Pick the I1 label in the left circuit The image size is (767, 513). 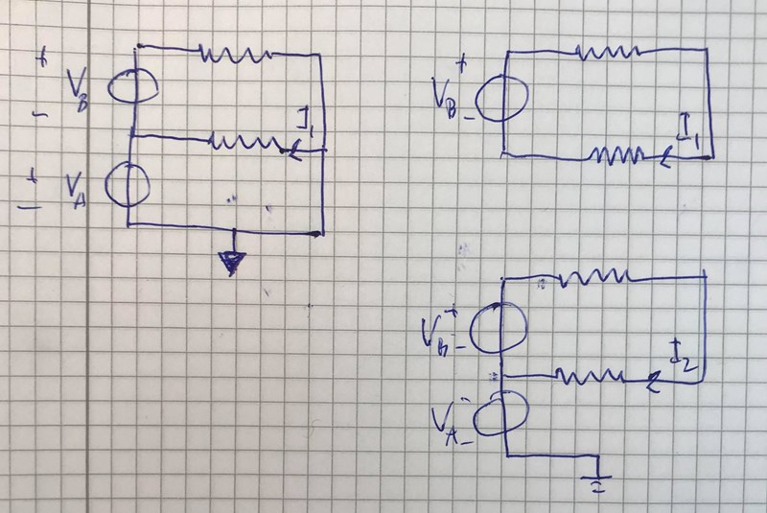pyautogui.click(x=307, y=123)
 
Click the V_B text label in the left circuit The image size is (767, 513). pyautogui.click(x=79, y=89)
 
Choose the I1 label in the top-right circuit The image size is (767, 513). pyautogui.click(x=687, y=132)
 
